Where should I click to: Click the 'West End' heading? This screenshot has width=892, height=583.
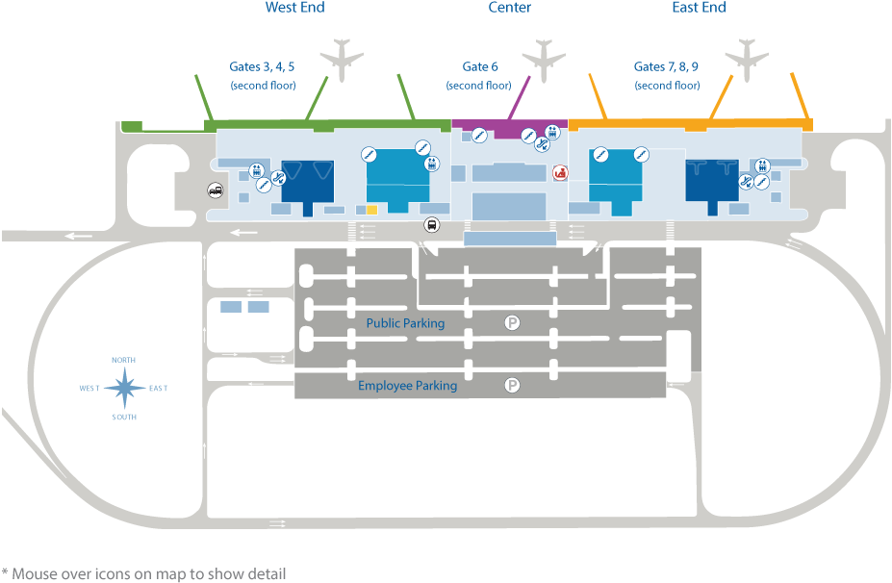point(294,8)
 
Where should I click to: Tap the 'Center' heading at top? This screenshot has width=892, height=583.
point(510,8)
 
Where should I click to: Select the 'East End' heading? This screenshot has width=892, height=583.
point(699,8)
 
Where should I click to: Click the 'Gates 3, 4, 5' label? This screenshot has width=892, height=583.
point(262,67)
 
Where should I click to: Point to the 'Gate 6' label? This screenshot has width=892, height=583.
point(480,67)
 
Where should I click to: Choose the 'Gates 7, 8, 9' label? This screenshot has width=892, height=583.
point(666,67)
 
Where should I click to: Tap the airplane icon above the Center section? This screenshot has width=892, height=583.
point(544,58)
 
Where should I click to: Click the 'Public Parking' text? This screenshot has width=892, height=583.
point(405,323)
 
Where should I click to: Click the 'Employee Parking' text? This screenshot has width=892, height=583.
point(407,386)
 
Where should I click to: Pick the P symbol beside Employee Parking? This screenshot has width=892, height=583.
point(513,386)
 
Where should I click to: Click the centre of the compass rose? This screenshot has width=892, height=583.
point(124,388)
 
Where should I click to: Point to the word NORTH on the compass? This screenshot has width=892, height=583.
point(123,360)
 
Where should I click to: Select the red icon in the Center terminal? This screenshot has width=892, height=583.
point(559,172)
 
